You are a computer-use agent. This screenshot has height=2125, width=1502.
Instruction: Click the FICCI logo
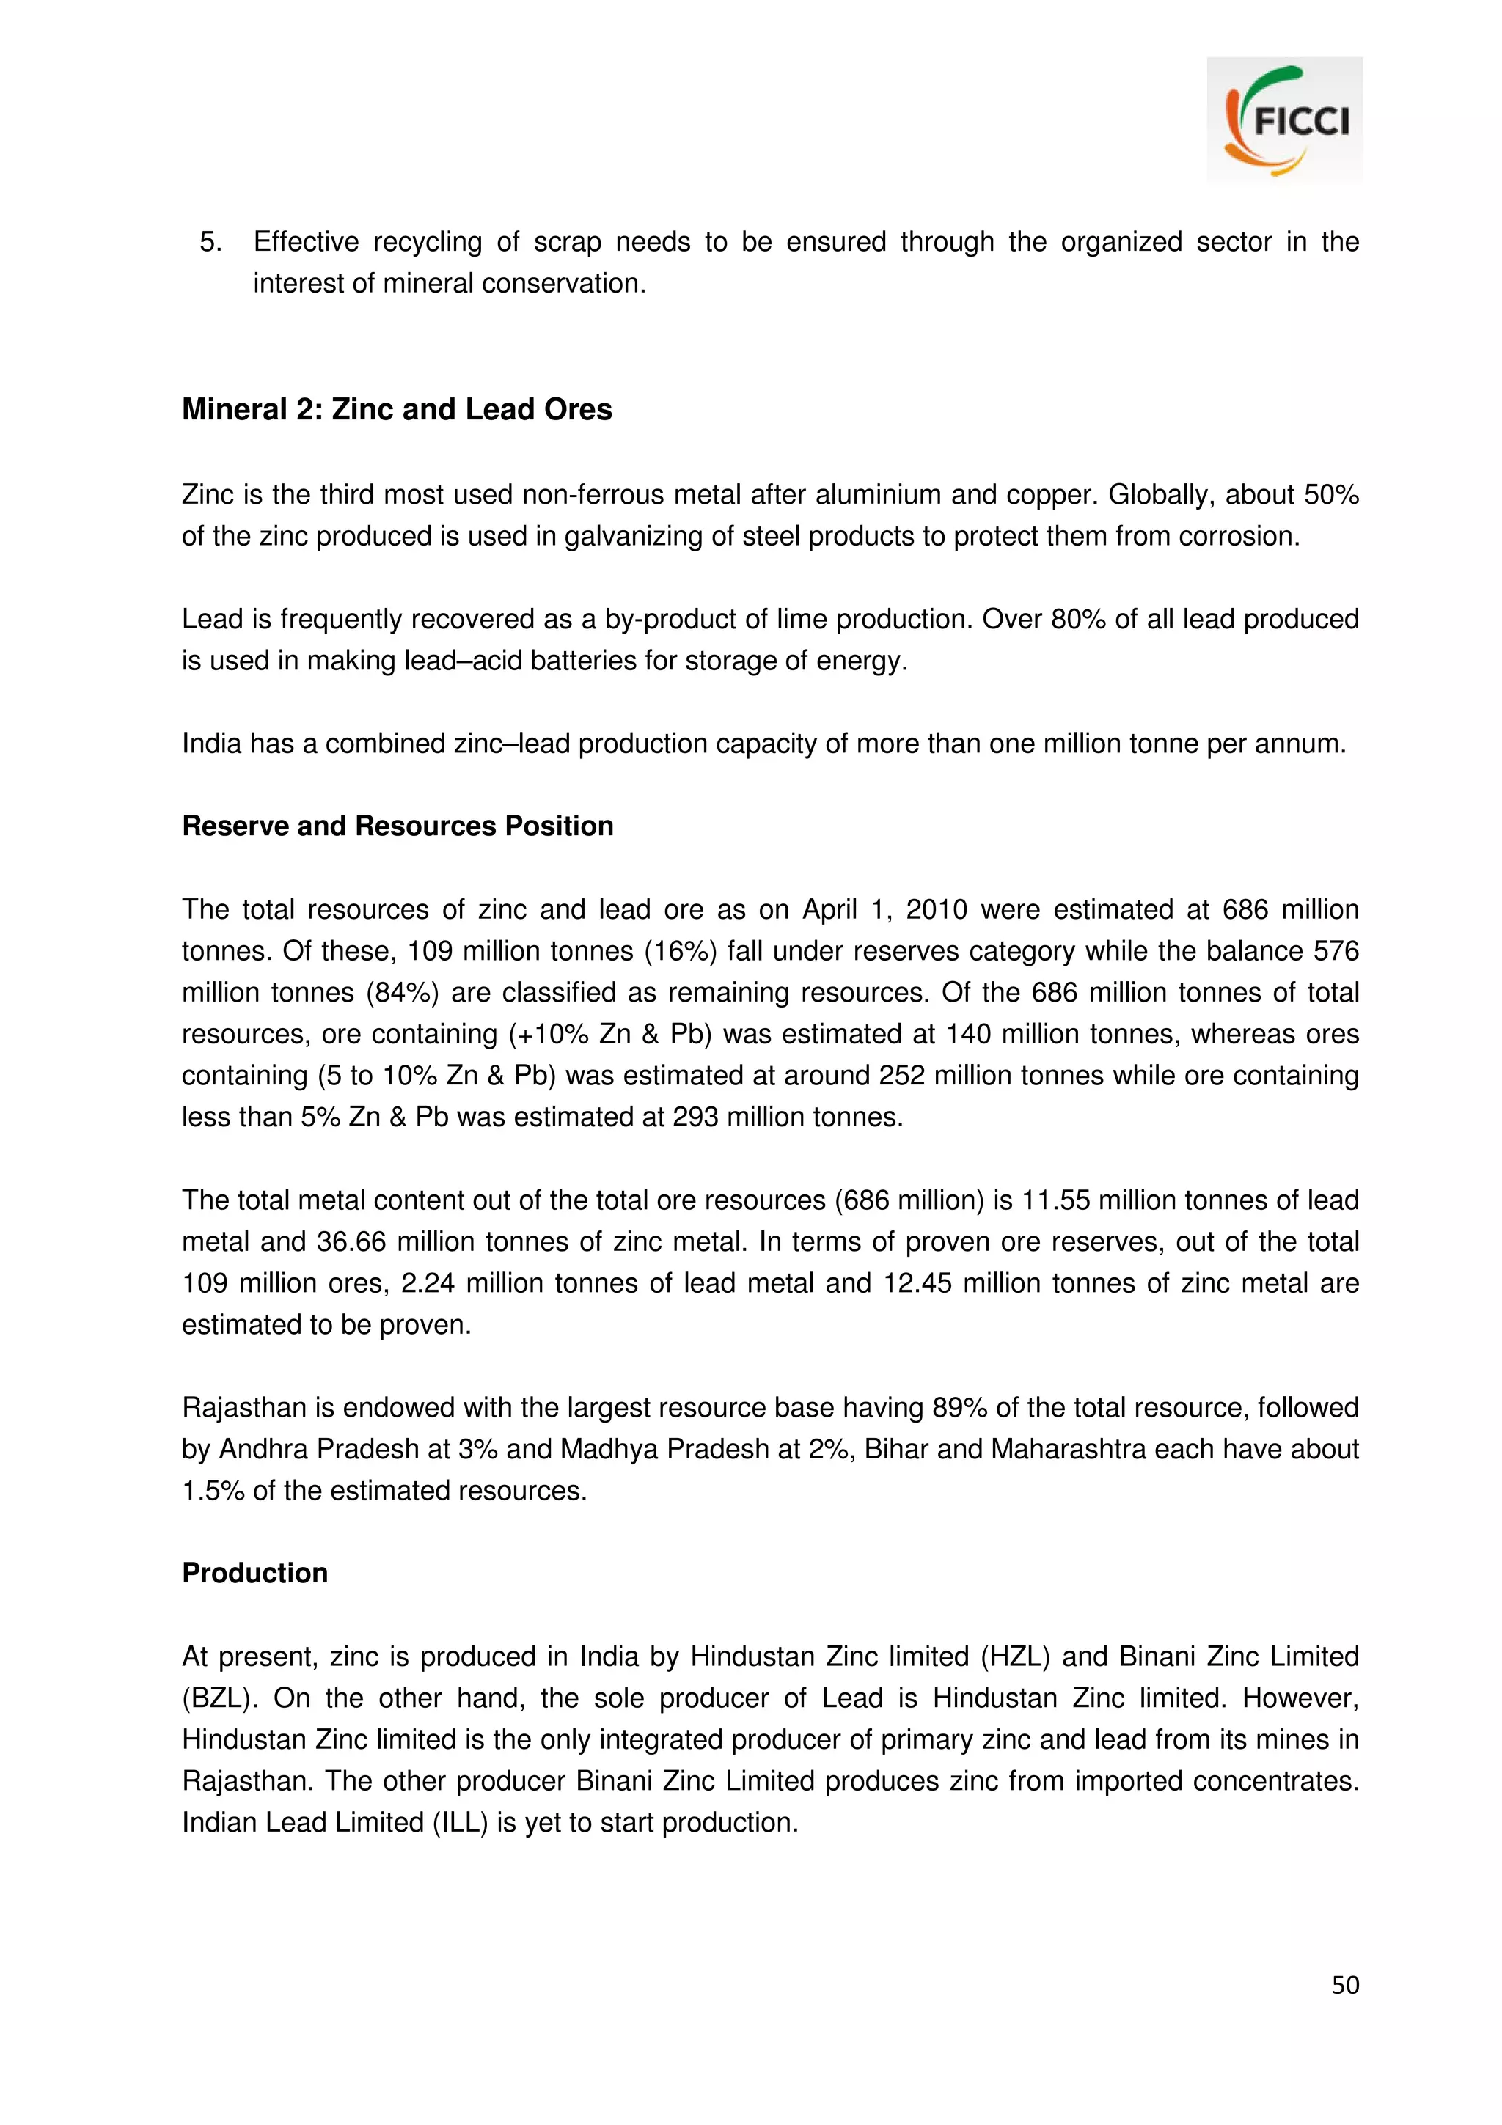[x=1283, y=120]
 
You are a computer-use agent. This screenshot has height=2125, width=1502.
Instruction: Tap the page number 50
[x=1344, y=1984]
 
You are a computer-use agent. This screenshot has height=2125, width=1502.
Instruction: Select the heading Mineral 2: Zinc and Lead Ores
[x=396, y=409]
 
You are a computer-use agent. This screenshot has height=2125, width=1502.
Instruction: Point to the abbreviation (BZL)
[x=219, y=1698]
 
